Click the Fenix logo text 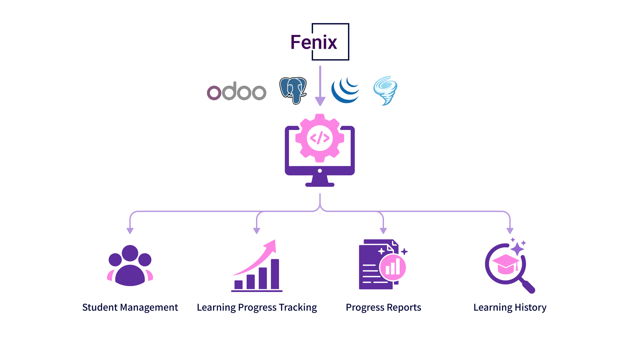(x=314, y=42)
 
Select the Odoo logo (x=237, y=91)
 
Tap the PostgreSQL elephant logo (x=293, y=91)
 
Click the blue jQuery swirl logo (x=345, y=90)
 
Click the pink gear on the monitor (x=320, y=138)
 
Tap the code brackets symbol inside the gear (x=320, y=138)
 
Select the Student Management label (x=130, y=307)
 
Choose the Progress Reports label (x=383, y=307)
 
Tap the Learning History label (x=510, y=307)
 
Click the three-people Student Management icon (x=130, y=266)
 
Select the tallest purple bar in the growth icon (x=275, y=274)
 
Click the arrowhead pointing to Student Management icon (x=130, y=231)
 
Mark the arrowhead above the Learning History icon (x=510, y=231)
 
